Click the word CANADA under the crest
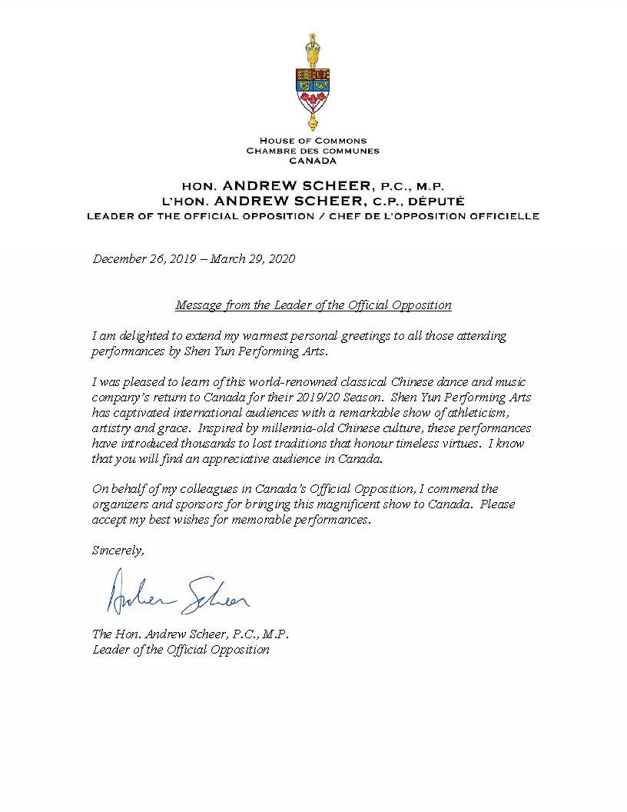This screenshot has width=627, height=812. [x=313, y=161]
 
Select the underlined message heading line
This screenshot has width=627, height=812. [x=313, y=305]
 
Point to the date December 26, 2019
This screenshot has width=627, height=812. [x=142, y=259]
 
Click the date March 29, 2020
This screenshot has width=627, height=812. [x=253, y=259]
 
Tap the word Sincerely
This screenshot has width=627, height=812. [x=118, y=550]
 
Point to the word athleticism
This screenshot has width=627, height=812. [x=476, y=413]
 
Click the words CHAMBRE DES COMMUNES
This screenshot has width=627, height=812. [x=313, y=151]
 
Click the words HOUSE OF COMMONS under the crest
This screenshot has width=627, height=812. [x=313, y=141]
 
